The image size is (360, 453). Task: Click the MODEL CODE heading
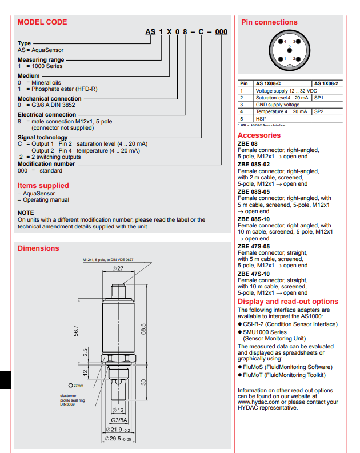pos(42,22)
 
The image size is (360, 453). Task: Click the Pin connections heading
pos(269,22)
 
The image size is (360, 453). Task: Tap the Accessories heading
pos(259,135)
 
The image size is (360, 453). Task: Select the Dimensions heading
pos(38,248)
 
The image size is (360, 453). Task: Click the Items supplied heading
pos(43,186)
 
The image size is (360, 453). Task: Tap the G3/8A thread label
pos(119,419)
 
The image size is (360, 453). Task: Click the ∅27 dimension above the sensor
pos(117,268)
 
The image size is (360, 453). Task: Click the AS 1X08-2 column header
pos(326,83)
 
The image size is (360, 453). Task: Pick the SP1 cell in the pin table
pos(319,98)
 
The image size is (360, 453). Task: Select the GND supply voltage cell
pos(277,105)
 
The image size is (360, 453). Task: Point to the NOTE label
pos(26,213)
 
